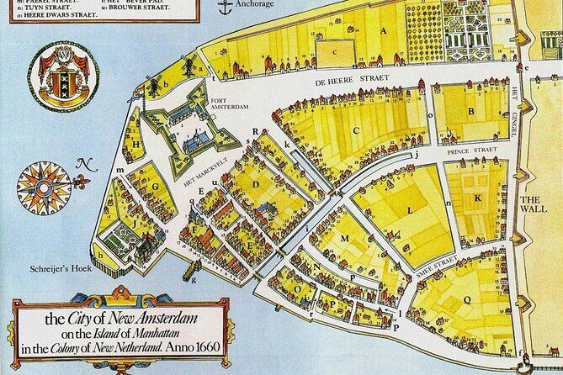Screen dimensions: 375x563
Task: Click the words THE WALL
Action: (x=534, y=205)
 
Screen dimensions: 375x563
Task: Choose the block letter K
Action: (x=476, y=198)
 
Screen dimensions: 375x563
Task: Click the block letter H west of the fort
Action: (x=137, y=144)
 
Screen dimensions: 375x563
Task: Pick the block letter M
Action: (x=344, y=239)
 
